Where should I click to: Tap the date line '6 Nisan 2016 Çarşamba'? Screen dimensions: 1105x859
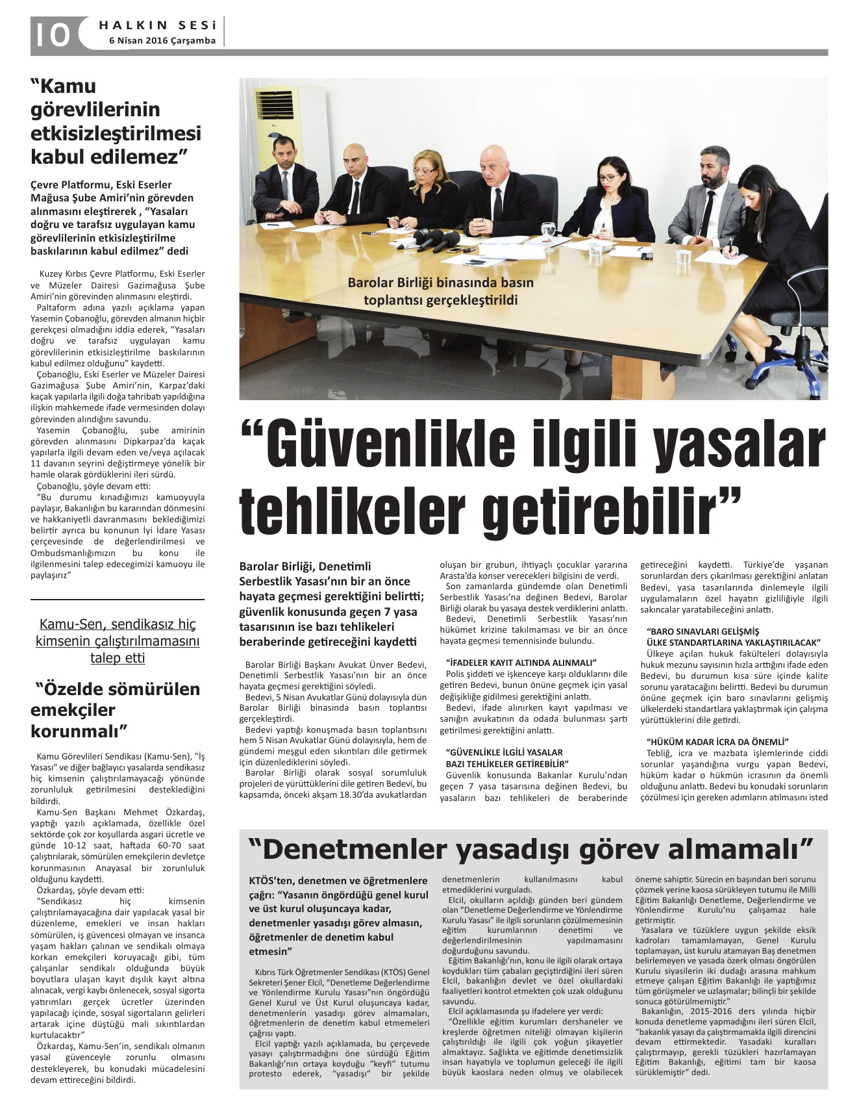tap(162, 40)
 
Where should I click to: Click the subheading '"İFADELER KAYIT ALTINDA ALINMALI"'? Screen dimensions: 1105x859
tap(521, 663)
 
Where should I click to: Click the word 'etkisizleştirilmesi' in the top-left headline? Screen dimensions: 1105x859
tap(116, 133)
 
